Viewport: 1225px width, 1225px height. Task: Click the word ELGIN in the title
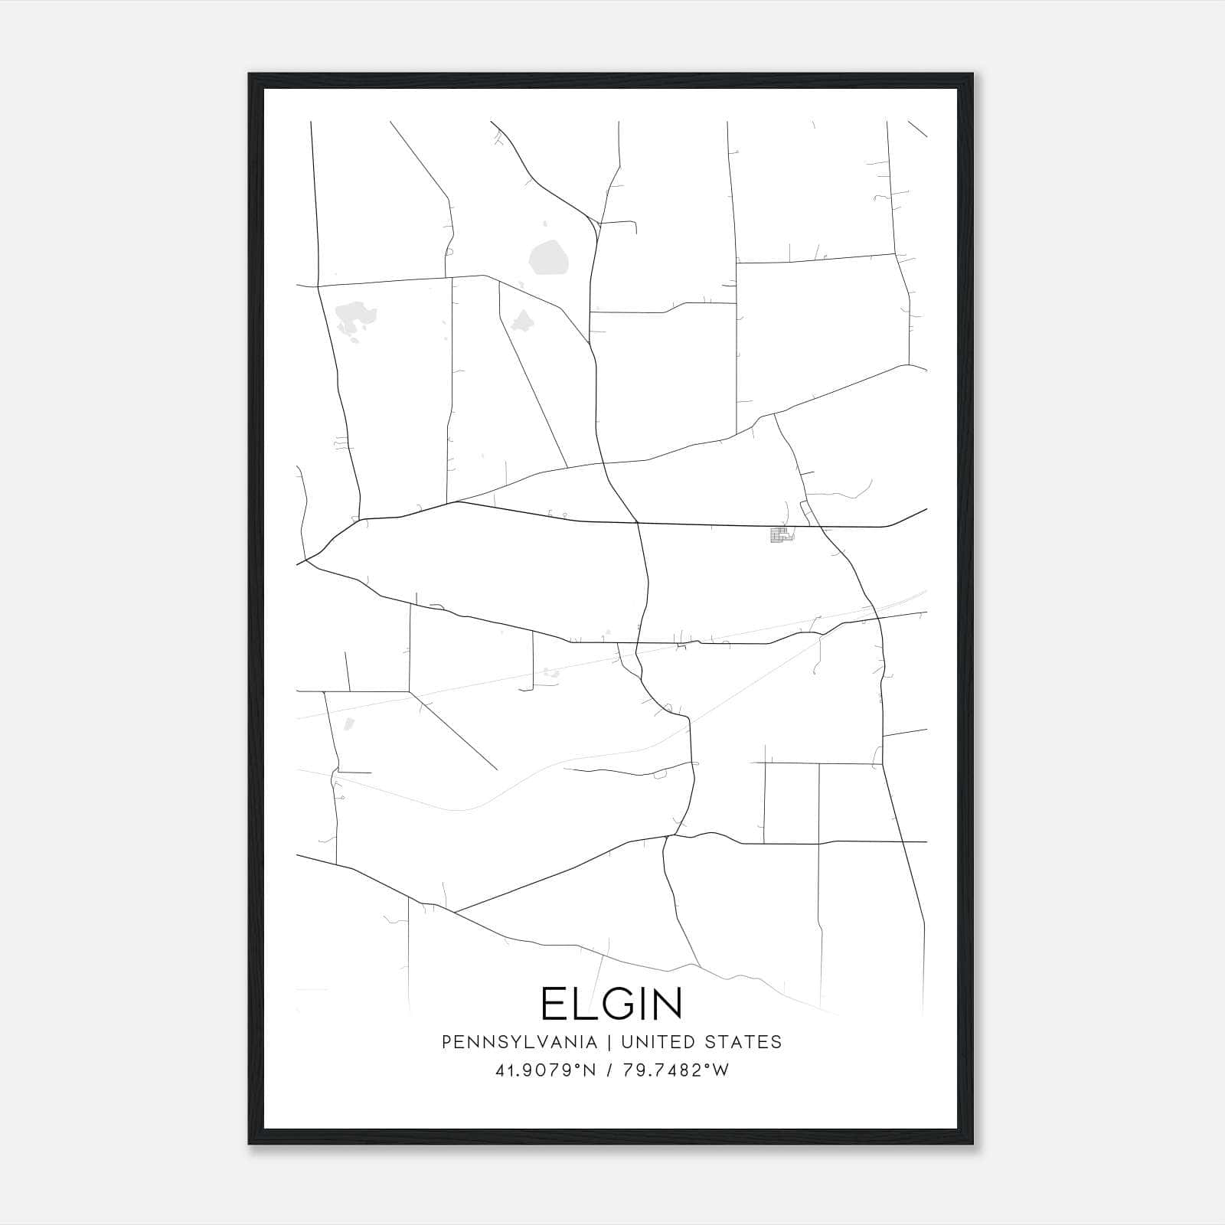tap(612, 1004)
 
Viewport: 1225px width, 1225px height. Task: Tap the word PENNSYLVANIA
tap(520, 1042)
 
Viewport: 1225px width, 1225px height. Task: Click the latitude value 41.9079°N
tap(545, 1070)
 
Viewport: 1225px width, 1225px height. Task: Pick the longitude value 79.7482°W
tap(675, 1070)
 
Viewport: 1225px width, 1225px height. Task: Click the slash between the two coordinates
tap(609, 1070)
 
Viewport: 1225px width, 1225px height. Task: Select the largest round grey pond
tap(549, 257)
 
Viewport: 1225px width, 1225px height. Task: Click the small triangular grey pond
tap(523, 320)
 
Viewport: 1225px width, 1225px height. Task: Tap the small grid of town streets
tap(780, 535)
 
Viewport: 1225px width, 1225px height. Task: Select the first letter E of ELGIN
tap(554, 1004)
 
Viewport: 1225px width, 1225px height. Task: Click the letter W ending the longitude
tap(721, 1070)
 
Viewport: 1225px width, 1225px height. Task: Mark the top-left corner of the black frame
tap(250, 74)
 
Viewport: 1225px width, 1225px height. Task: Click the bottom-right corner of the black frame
tap(972, 1144)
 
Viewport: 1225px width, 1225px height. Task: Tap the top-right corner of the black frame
tap(972, 74)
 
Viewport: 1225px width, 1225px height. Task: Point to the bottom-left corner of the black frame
tap(250, 1144)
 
